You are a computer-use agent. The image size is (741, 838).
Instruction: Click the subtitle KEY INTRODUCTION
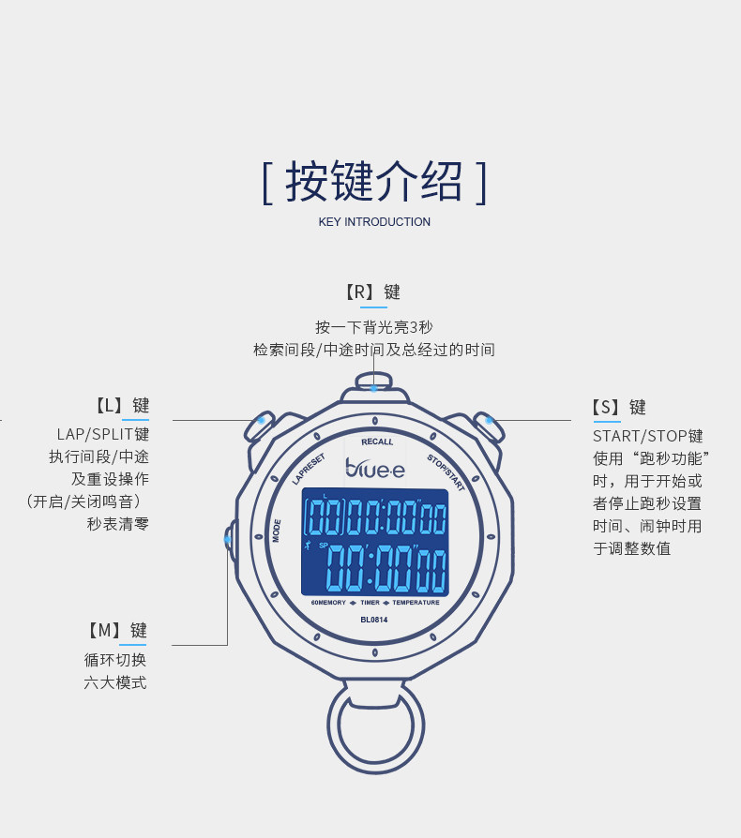click(x=374, y=222)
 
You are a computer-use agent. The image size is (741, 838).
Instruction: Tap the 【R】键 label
click(x=373, y=292)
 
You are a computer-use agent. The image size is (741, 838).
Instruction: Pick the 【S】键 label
click(x=619, y=407)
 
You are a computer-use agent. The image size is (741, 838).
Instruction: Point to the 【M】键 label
click(x=118, y=630)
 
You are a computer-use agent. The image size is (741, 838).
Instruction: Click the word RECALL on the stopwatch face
click(x=377, y=441)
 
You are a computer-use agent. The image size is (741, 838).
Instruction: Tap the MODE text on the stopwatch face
click(x=277, y=531)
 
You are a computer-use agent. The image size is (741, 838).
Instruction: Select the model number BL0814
click(x=373, y=618)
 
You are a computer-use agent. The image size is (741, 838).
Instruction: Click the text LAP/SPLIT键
click(x=103, y=435)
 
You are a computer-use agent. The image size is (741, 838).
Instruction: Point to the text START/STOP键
click(x=647, y=436)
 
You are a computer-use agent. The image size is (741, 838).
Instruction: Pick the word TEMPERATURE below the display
click(x=416, y=603)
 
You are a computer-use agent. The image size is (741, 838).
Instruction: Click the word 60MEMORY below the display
click(x=329, y=603)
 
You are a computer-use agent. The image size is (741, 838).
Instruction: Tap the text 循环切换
click(x=115, y=660)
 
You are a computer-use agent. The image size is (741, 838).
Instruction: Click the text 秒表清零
click(x=118, y=523)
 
